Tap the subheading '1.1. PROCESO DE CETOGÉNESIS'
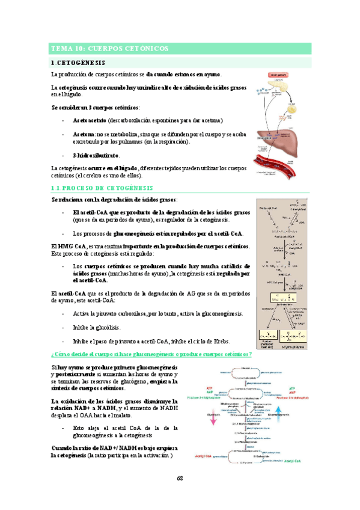coord(102,189)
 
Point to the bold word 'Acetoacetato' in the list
coord(90,120)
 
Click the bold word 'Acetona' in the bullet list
coord(84,134)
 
